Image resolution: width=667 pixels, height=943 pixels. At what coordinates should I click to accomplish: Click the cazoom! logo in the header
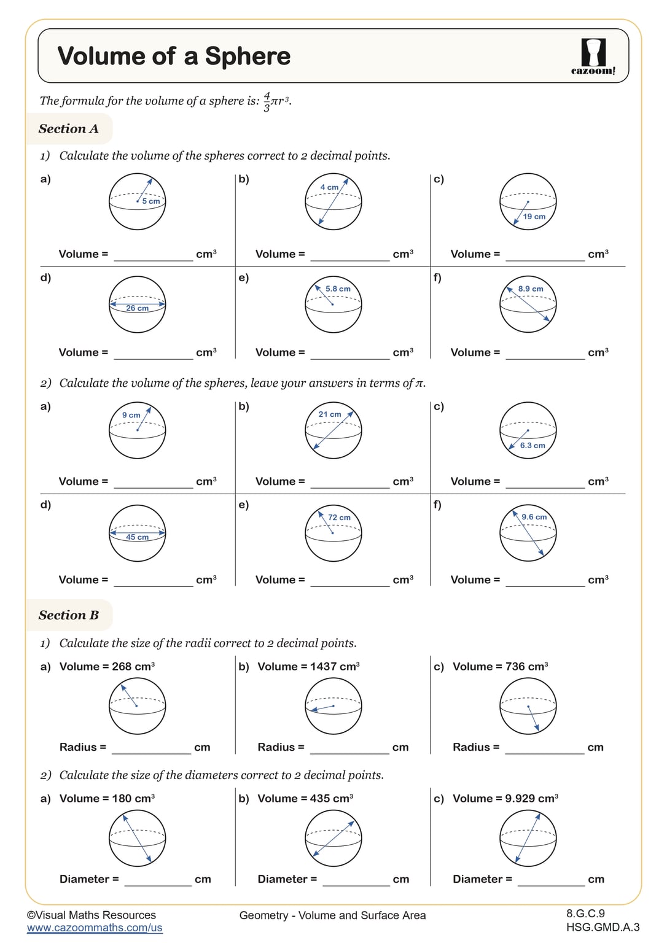(593, 56)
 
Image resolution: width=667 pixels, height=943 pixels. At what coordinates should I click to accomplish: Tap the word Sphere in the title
(248, 56)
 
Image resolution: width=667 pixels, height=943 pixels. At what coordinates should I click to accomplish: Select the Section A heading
(68, 129)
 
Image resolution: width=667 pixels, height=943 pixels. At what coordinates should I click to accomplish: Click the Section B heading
(68, 615)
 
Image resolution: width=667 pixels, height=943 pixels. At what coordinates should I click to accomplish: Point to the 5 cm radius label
(151, 201)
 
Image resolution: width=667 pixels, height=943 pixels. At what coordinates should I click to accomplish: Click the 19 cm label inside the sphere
(534, 217)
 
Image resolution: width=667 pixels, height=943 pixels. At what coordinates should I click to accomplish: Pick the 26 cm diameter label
(138, 308)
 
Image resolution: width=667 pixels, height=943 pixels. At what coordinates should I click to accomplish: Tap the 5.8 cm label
(338, 289)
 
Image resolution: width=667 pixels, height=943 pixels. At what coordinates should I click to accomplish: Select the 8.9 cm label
(531, 289)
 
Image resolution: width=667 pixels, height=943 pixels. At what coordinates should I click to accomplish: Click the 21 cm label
(330, 414)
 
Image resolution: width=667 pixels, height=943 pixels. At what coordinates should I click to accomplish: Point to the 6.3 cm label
(532, 446)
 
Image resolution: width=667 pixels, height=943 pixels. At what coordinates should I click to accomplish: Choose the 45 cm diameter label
(138, 537)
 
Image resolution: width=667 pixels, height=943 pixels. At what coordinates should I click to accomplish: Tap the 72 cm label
(339, 518)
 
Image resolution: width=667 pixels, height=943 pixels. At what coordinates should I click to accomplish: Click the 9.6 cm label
(534, 517)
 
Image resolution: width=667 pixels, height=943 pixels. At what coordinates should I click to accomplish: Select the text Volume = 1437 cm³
(308, 667)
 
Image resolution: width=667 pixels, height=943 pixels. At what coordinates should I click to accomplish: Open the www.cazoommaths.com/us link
(95, 928)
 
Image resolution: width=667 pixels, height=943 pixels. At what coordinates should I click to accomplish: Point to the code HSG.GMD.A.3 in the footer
(603, 927)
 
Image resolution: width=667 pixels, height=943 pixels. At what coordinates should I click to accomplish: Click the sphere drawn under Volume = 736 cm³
(528, 706)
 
